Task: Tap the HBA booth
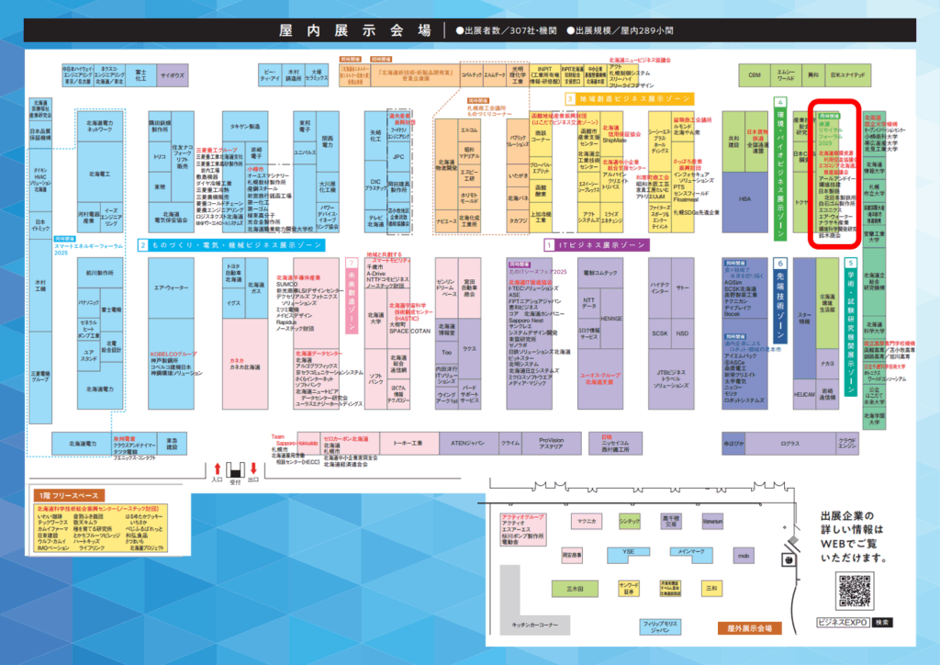coord(744,198)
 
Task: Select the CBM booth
coord(755,73)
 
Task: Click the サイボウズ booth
coord(172,75)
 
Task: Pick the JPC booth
coord(397,157)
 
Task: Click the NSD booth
coord(682,333)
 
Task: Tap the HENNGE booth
coord(611,319)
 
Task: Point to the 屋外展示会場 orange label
coord(744,628)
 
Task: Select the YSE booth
coord(629,551)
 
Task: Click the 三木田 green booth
coord(576,587)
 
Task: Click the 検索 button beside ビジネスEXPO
coord(883,622)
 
